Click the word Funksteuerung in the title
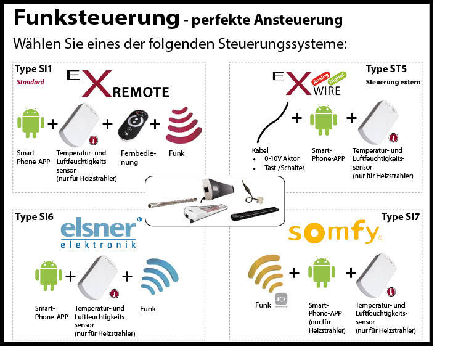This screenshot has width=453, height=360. (x=97, y=18)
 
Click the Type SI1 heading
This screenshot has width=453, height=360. (x=33, y=69)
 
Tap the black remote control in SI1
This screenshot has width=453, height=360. (x=133, y=125)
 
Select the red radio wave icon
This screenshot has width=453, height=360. (x=184, y=125)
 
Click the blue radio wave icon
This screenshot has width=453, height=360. (x=160, y=276)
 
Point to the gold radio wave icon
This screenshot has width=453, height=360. (x=265, y=272)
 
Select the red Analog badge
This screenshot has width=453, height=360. (x=320, y=78)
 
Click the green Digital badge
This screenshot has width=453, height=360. (x=337, y=78)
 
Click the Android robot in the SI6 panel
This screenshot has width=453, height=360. (x=49, y=276)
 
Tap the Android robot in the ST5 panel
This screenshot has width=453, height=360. (x=324, y=120)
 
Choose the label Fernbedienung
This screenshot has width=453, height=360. (x=138, y=158)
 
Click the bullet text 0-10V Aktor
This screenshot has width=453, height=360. (x=282, y=158)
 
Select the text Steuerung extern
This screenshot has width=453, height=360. (x=393, y=82)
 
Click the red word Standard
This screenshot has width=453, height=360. (x=30, y=82)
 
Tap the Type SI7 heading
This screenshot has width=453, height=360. (x=401, y=217)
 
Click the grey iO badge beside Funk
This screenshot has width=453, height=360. (x=281, y=300)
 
